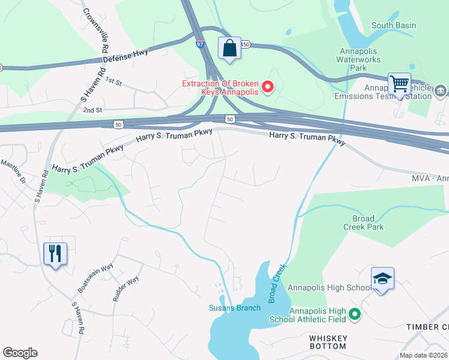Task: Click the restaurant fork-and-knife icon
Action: tap(55, 253)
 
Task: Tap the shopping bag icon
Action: tap(230, 48)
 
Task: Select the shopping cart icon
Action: tap(399, 83)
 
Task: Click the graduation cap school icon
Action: tap(382, 278)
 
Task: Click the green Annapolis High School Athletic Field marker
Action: tap(355, 314)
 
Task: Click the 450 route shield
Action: tap(246, 44)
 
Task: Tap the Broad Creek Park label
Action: tap(363, 223)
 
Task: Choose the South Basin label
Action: tap(394, 25)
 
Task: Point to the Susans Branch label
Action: tap(235, 308)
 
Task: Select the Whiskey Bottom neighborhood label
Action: tap(328, 342)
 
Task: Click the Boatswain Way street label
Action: tap(95, 277)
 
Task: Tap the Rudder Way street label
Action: tap(125, 288)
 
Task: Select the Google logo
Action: tap(20, 353)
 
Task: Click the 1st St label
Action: tap(113, 80)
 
